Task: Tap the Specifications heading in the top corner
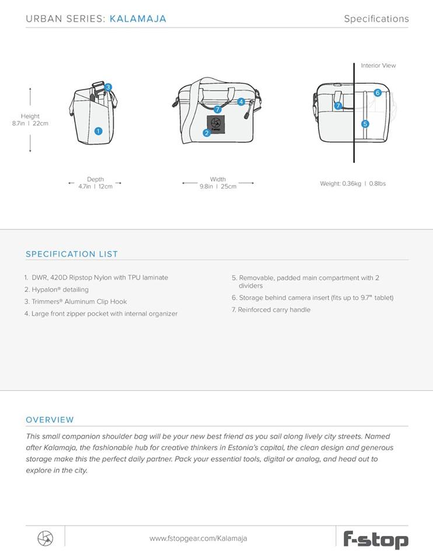(x=376, y=19)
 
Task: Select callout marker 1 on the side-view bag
(x=98, y=131)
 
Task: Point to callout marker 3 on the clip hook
(x=108, y=87)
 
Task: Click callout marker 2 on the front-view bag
(x=207, y=133)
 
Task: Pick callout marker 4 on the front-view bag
(x=241, y=101)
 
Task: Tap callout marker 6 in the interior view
(x=378, y=93)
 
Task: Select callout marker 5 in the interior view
(x=365, y=124)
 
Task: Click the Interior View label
(x=378, y=66)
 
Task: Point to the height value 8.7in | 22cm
(x=30, y=124)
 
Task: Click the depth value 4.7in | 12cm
(x=95, y=186)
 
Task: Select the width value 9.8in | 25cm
(x=218, y=187)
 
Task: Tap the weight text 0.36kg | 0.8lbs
(x=352, y=184)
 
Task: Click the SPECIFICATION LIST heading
(x=72, y=254)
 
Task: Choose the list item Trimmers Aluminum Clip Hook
(x=75, y=302)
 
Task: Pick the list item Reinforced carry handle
(x=271, y=310)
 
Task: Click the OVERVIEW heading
(x=50, y=419)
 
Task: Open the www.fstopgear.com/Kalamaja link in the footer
(x=198, y=538)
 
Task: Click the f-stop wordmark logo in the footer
(x=375, y=539)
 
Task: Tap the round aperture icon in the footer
(x=45, y=538)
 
